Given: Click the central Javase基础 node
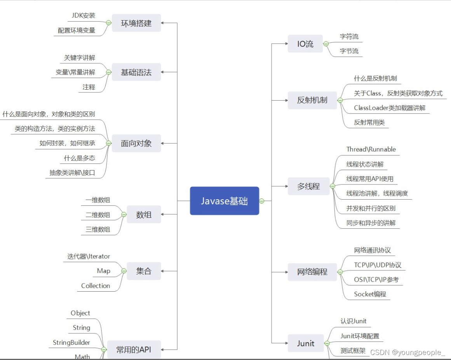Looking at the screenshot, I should (224, 201).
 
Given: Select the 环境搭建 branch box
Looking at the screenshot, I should (136, 23).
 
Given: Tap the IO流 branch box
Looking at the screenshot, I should (305, 44).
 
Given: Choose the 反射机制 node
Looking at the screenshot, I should (312, 100).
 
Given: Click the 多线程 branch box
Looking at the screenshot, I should (308, 186).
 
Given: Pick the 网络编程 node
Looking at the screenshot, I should (312, 272).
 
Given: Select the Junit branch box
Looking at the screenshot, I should (306, 343).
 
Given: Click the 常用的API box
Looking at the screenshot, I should (133, 350).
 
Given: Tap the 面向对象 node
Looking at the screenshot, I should (136, 143).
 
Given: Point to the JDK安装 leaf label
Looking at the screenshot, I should (83, 16).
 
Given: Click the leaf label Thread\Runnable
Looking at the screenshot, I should (371, 150).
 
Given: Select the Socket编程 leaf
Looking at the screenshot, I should (370, 294).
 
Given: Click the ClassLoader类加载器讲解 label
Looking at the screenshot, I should (390, 108).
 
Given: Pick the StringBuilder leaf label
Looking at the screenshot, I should (71, 343).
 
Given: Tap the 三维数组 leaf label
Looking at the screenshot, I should (98, 229).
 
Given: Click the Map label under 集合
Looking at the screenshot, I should (103, 271).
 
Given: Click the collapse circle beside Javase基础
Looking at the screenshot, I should (261, 201).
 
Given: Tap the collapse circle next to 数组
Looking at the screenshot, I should (124, 214).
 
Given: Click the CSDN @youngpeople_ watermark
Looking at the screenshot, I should (407, 353).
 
